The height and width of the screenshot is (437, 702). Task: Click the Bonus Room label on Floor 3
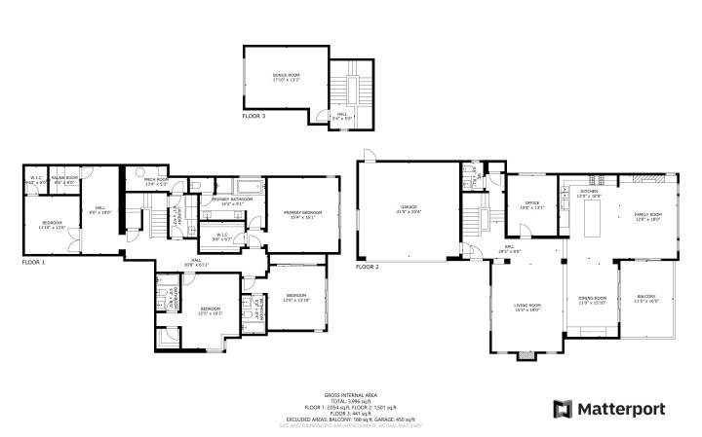tap(285, 78)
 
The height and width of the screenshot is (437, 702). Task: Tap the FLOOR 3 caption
tap(253, 116)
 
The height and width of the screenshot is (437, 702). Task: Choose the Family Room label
tap(648, 216)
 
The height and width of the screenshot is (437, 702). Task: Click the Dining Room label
tap(593, 300)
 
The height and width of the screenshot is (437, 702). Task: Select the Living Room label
tap(527, 308)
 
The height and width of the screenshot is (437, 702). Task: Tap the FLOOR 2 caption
tap(368, 266)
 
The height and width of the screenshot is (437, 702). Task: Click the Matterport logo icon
tap(563, 408)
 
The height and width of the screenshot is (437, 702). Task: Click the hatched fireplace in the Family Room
tap(646, 180)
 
